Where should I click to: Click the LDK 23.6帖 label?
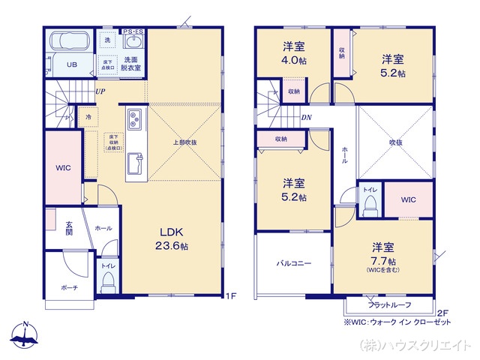point(172,238)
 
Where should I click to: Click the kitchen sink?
point(135,163)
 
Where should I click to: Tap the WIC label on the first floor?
point(63,167)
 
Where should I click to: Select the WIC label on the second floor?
point(408,199)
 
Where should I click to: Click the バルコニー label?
point(292,263)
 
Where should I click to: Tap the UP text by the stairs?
point(100,92)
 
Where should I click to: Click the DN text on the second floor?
point(306,118)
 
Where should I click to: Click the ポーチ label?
point(69,287)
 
